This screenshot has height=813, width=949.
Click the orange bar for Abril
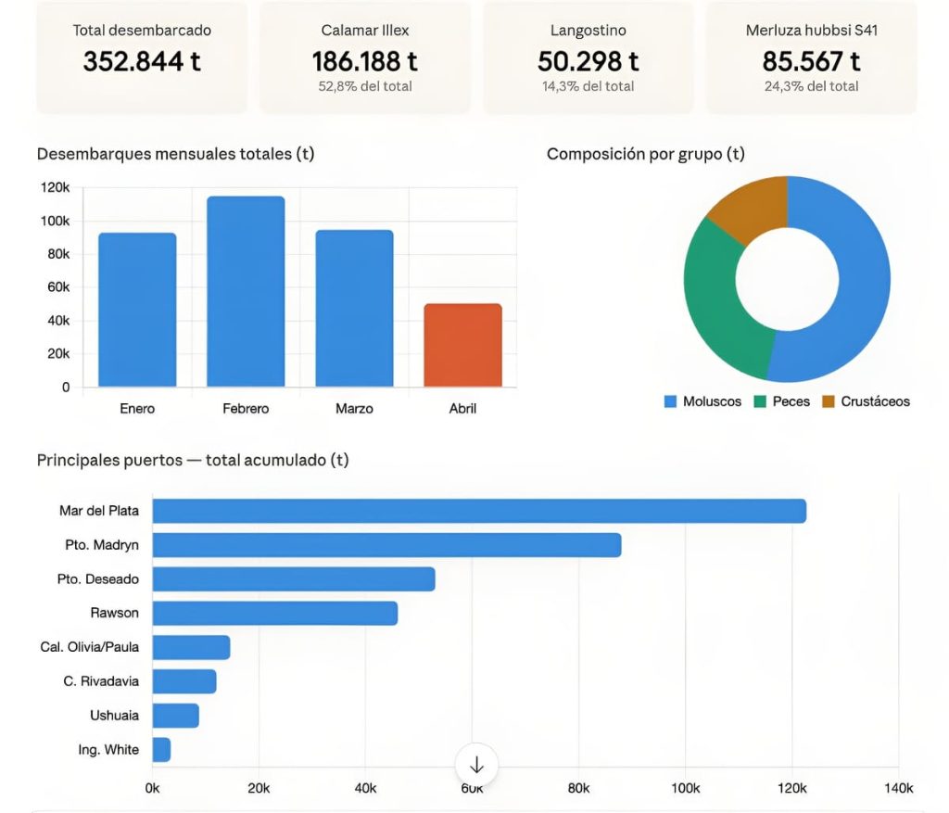pos(462,345)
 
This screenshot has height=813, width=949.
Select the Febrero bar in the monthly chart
pos(246,291)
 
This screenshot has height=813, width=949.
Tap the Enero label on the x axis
pos(137,408)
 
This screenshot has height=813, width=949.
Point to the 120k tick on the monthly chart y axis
pos(55,187)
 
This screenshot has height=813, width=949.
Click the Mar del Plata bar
pos(478,511)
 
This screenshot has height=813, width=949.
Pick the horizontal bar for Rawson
pos(274,613)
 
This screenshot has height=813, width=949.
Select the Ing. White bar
pos(161,749)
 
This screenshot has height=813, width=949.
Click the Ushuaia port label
pos(114,715)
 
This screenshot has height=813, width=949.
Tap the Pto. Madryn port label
pos(103,544)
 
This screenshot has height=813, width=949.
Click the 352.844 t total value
pos(142,61)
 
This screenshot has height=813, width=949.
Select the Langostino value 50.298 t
pos(588,61)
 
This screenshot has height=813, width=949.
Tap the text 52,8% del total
pos(364,86)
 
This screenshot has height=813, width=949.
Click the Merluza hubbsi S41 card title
pos(811,31)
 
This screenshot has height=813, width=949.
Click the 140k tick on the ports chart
pos(897,788)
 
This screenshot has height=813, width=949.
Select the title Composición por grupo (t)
pos(645,154)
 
